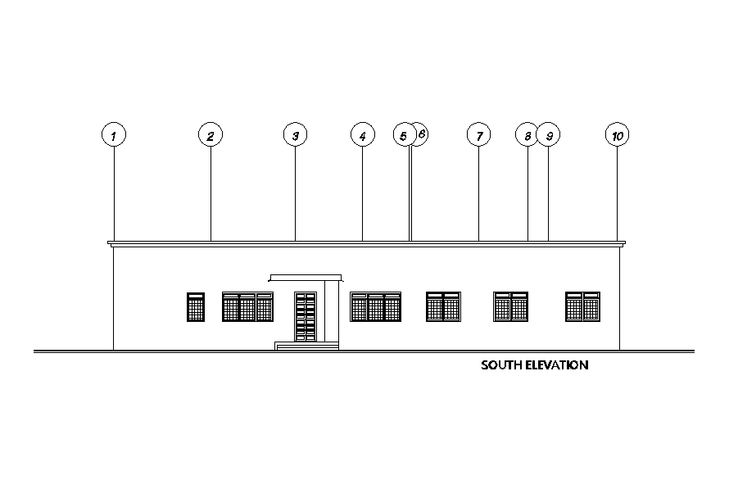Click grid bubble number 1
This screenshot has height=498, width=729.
pyautogui.click(x=114, y=135)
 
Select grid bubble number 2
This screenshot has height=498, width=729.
pyautogui.click(x=211, y=135)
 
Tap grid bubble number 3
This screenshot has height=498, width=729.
pyautogui.click(x=295, y=135)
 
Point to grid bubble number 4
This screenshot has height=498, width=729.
pyautogui.click(x=362, y=135)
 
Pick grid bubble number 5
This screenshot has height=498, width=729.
pyautogui.click(x=403, y=135)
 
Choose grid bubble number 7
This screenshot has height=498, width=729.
pyautogui.click(x=478, y=135)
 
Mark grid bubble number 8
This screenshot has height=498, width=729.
pyautogui.click(x=527, y=135)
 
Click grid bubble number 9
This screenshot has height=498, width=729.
pyautogui.click(x=550, y=135)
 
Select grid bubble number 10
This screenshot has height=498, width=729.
pyautogui.click(x=618, y=135)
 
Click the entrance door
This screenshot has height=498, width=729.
pyautogui.click(x=305, y=316)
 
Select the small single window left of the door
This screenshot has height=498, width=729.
pyautogui.click(x=196, y=307)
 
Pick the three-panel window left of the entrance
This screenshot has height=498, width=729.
pyautogui.click(x=247, y=307)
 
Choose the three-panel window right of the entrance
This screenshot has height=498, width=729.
pyautogui.click(x=376, y=307)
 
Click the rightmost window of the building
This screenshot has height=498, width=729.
pyautogui.click(x=582, y=307)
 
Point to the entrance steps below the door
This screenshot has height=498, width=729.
pyautogui.click(x=307, y=346)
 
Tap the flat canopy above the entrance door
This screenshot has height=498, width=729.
pyautogui.click(x=306, y=278)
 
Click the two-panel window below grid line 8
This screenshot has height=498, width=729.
pyautogui.click(x=510, y=307)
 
